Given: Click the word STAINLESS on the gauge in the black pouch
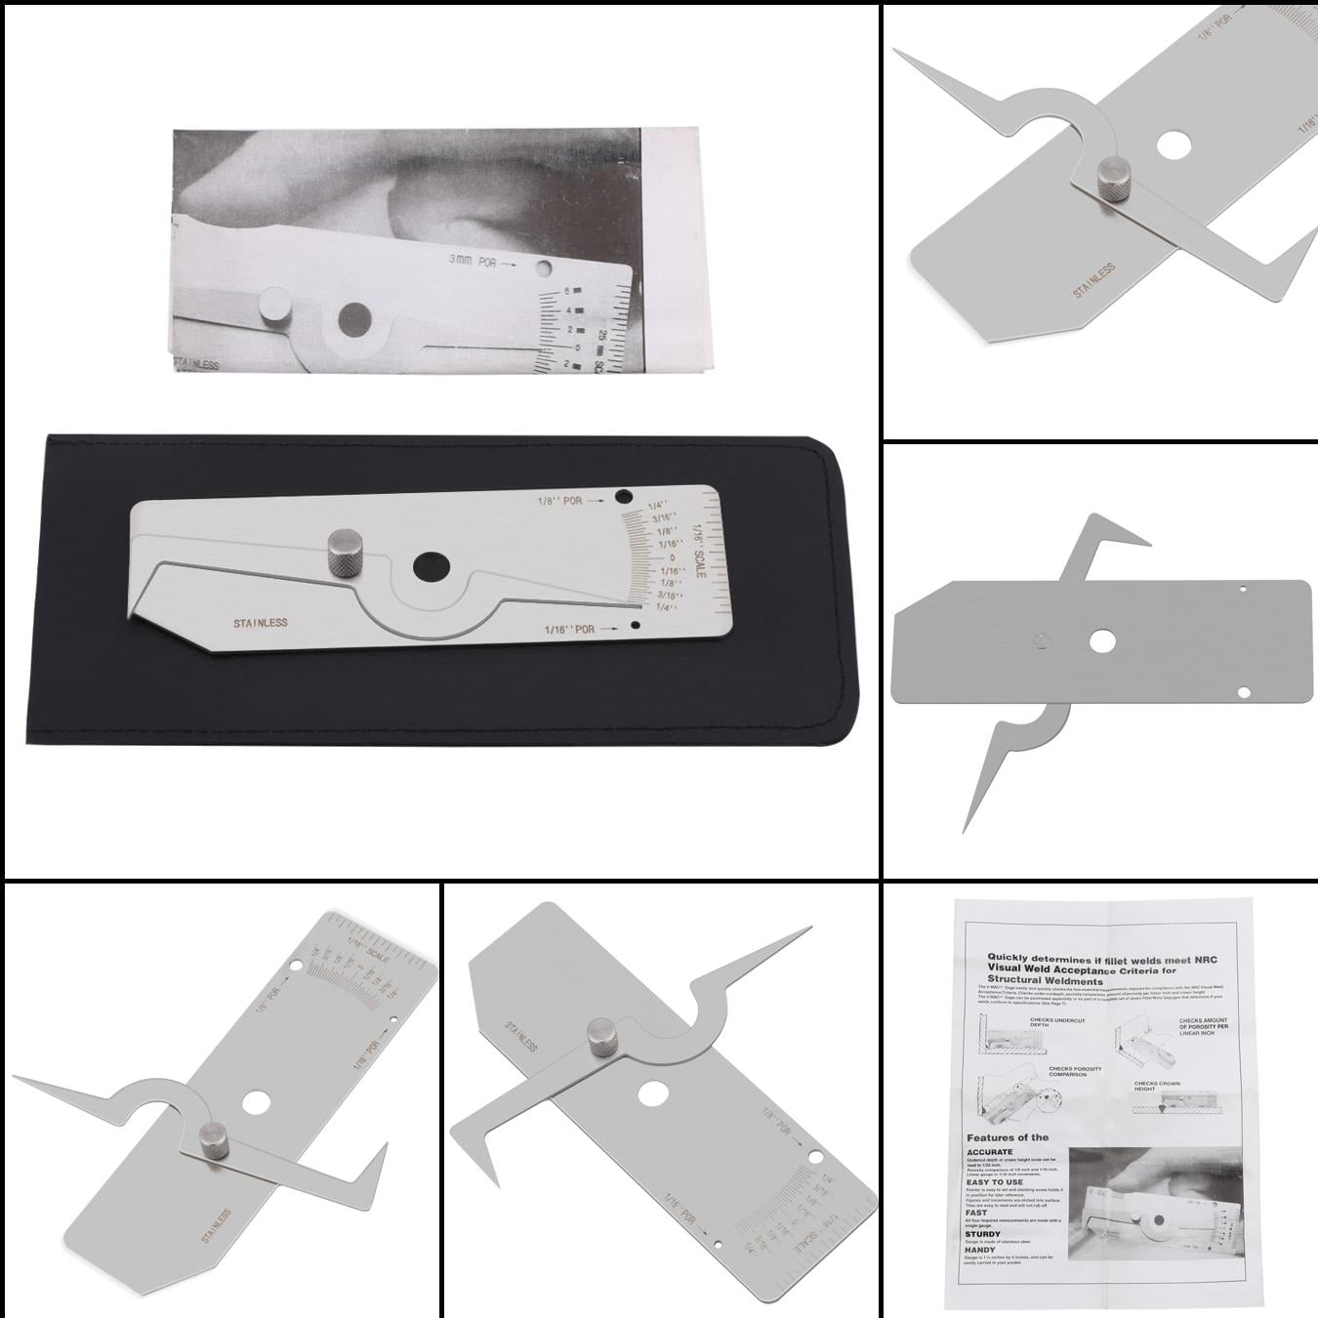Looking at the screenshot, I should (x=260, y=622).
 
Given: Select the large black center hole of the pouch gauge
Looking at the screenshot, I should (x=431, y=566).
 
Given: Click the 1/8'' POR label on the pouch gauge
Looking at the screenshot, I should (x=559, y=501).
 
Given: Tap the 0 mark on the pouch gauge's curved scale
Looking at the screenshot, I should (x=672, y=557).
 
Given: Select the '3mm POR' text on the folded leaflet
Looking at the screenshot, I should (x=473, y=261).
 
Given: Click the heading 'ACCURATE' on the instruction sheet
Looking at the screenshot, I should (x=989, y=1152).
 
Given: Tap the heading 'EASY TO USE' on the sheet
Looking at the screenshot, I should (x=995, y=1182).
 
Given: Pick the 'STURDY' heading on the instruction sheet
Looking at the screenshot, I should (x=983, y=1234).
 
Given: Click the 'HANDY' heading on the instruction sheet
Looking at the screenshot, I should (x=981, y=1250).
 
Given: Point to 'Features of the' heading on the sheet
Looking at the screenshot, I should (x=1008, y=1137).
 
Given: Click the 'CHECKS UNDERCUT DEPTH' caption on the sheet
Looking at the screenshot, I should (x=1055, y=1022).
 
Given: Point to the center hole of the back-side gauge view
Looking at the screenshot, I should (x=1104, y=640).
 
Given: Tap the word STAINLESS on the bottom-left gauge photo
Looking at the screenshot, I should (x=216, y=1226).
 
